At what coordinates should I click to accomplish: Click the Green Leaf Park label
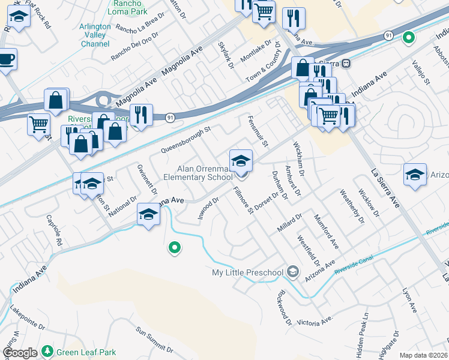tap(86, 352)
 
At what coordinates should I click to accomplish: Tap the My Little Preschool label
tap(247, 273)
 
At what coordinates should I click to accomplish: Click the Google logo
tap(20, 353)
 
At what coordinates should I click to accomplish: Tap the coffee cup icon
tap(6, 59)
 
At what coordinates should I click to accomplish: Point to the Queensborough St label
tap(185, 139)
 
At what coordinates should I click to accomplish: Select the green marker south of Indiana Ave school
tap(174, 247)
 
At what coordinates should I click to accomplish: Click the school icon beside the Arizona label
tap(415, 174)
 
